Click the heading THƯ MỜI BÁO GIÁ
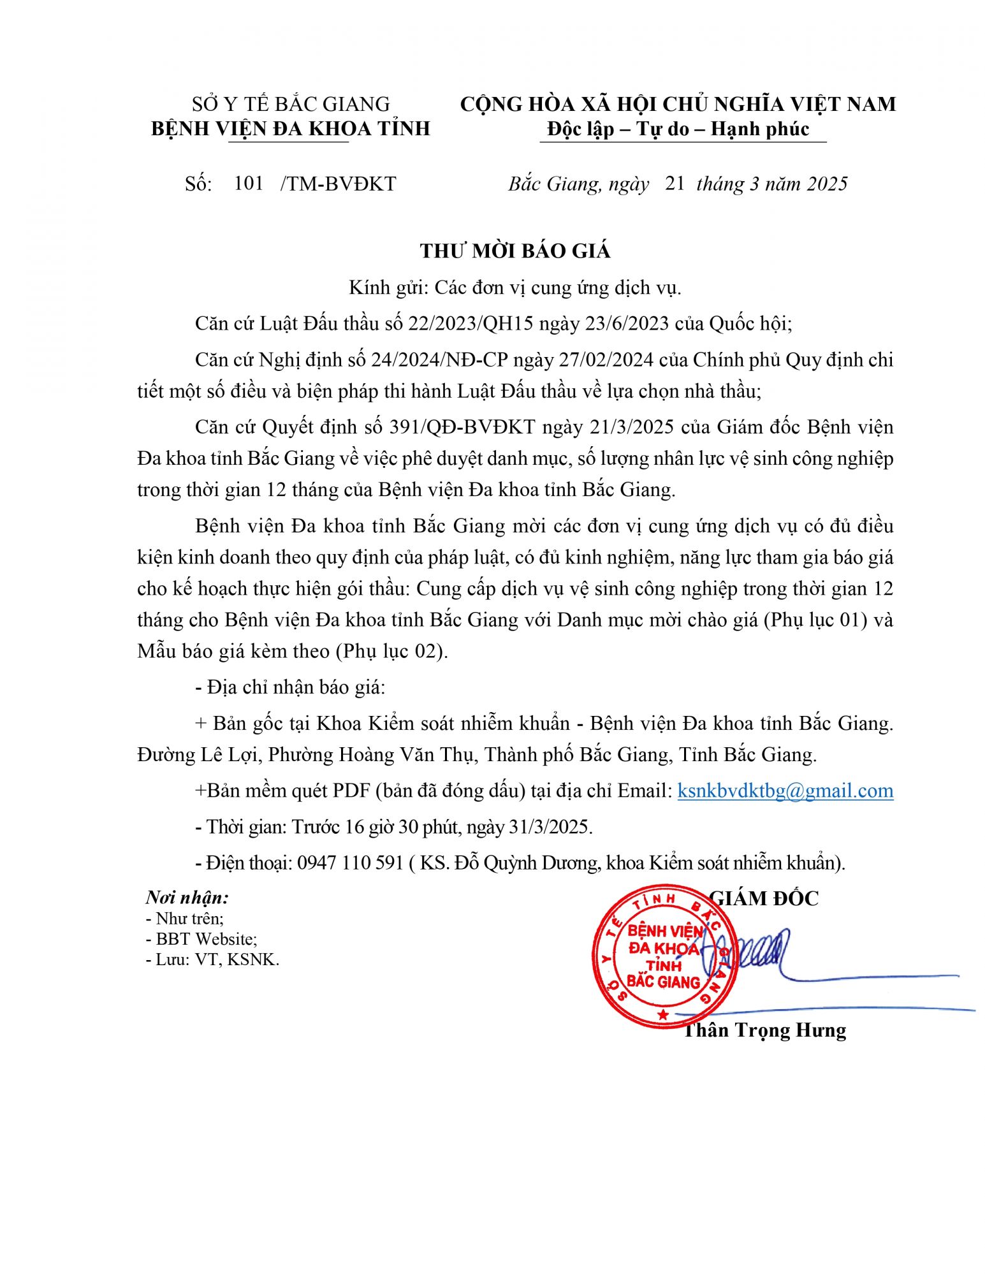pos(515,251)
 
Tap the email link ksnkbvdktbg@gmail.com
pos(785,791)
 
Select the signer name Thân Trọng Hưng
pos(764,1030)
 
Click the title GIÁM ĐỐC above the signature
pos(764,898)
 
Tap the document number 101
pos(249,184)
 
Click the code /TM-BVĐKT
pos(338,184)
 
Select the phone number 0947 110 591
pos(350,863)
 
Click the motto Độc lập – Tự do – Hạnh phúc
pos(678,129)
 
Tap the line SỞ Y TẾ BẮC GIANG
pos(290,104)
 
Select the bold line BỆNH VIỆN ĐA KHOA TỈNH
pos(290,129)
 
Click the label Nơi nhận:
pos(187,898)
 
